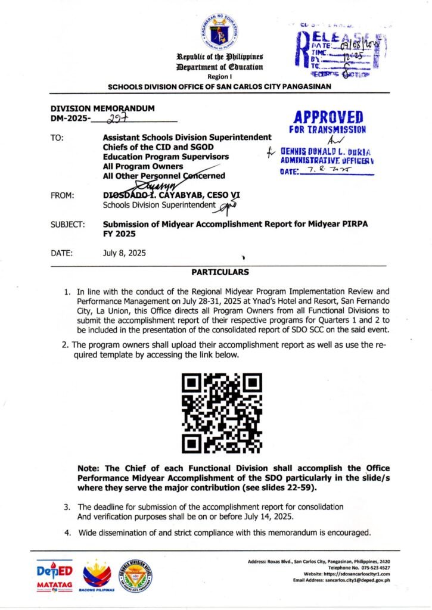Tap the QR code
coord(216,412)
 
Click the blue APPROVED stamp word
coord(328,116)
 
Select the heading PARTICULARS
coord(216,272)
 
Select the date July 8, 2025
coord(124,253)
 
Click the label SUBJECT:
coord(67,225)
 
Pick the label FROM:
coord(63,195)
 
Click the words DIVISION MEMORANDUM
coord(102,108)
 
